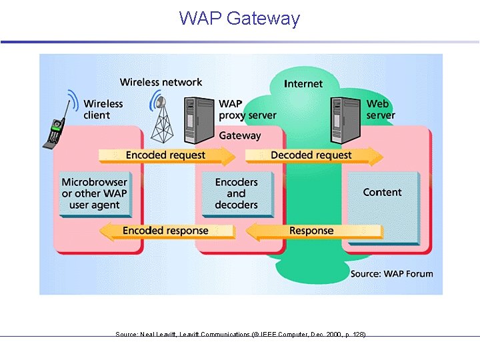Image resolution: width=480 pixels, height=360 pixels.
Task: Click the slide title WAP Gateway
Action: [239, 18]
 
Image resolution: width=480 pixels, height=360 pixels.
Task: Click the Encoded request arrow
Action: [167, 155]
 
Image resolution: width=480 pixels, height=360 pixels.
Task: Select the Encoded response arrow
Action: [167, 231]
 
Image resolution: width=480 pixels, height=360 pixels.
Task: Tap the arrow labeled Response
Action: [312, 231]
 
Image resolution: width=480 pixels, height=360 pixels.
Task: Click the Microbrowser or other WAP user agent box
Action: [94, 194]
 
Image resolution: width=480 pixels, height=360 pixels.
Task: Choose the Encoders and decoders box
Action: [236, 194]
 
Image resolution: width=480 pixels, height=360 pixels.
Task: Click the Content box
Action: [382, 193]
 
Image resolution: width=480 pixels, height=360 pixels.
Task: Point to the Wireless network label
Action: [161, 83]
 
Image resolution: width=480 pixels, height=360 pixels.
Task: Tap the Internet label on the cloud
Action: [303, 84]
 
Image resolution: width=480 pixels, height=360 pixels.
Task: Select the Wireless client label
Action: [103, 109]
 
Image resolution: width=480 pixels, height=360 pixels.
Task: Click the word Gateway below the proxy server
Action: [240, 135]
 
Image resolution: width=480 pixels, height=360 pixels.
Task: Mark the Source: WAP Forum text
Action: [391, 274]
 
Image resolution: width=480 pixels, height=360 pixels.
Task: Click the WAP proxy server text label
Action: [247, 109]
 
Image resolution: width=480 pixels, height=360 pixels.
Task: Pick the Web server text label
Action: [380, 109]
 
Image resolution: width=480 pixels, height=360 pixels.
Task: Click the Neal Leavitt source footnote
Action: [240, 334]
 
